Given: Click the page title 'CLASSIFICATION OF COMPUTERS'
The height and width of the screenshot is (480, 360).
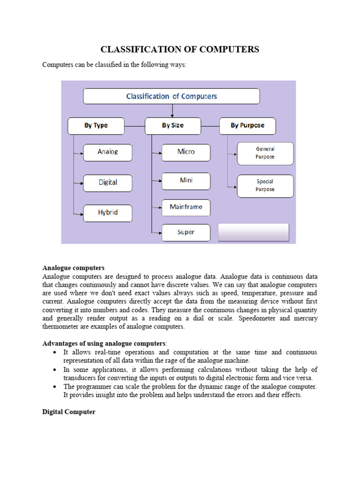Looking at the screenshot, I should pos(180,49).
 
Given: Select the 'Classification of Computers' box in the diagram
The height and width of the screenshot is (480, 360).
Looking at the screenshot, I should pos(172,97).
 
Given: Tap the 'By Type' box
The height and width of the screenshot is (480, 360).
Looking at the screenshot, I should pos(96,126).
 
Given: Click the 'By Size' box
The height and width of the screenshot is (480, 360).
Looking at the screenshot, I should pos(173,126).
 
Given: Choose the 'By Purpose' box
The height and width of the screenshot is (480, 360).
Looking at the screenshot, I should pos(247,126).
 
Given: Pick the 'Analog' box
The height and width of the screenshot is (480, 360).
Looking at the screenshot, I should pos(108,152).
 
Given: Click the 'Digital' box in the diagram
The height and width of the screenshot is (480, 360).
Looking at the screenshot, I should pos(108,183).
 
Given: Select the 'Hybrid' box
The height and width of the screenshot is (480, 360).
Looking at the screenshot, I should pos(108,213).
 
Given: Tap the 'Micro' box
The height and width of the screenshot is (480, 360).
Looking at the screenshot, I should pos(186,152).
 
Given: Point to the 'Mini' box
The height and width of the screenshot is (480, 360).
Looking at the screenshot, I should pos(186,181).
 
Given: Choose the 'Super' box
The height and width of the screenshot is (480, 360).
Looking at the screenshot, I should pos(186,232).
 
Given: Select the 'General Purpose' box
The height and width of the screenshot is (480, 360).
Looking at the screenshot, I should pos(265,153).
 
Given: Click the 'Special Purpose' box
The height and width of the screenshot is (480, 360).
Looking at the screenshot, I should pos(265,186).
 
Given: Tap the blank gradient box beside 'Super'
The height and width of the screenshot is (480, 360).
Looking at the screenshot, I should pos(254,232).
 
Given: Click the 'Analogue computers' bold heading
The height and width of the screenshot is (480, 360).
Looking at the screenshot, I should pos(74,268).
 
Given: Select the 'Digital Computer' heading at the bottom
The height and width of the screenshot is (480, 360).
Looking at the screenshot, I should pos(69,412).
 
